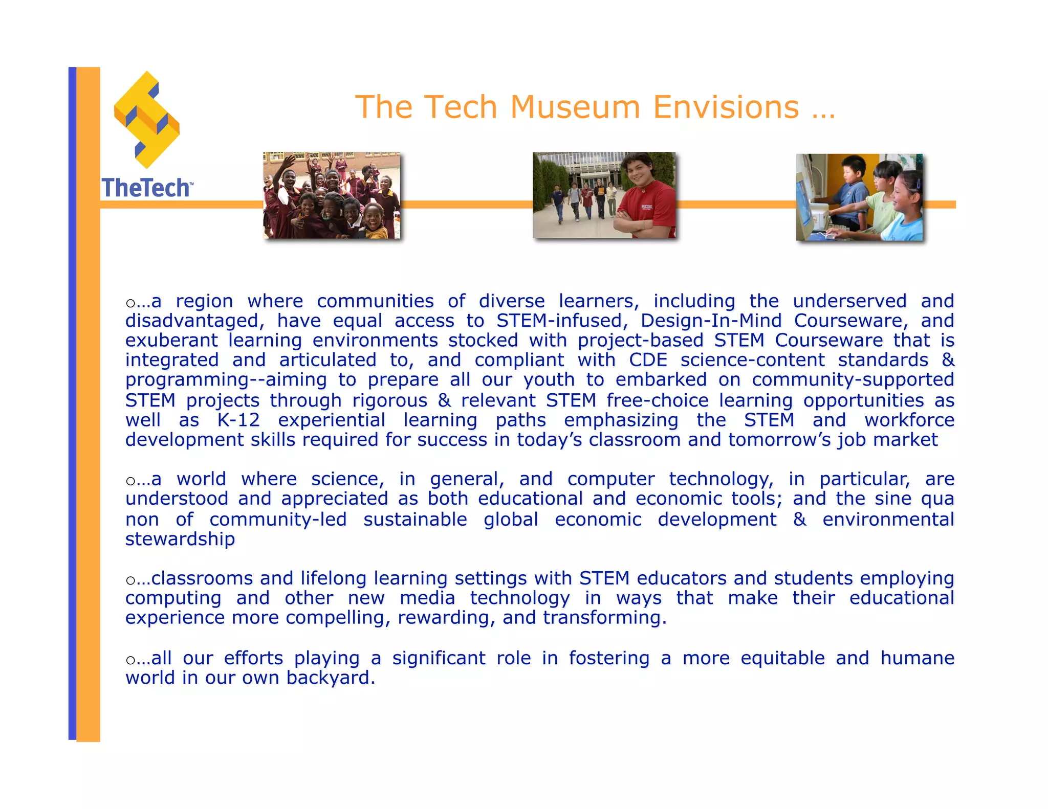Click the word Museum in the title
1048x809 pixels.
(575, 107)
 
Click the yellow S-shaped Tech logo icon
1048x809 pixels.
(147, 120)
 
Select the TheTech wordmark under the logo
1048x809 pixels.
(146, 188)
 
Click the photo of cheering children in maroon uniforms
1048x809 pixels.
(332, 195)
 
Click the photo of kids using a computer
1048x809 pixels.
(860, 197)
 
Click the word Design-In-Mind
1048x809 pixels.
(711, 321)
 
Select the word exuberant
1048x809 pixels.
(171, 341)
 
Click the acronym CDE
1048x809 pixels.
(648, 360)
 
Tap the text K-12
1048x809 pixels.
(238, 420)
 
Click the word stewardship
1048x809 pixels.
(180, 539)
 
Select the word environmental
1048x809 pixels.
(888, 520)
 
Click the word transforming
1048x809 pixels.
(604, 618)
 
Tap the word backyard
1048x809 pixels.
(331, 678)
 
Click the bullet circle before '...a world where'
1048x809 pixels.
(130, 481)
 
